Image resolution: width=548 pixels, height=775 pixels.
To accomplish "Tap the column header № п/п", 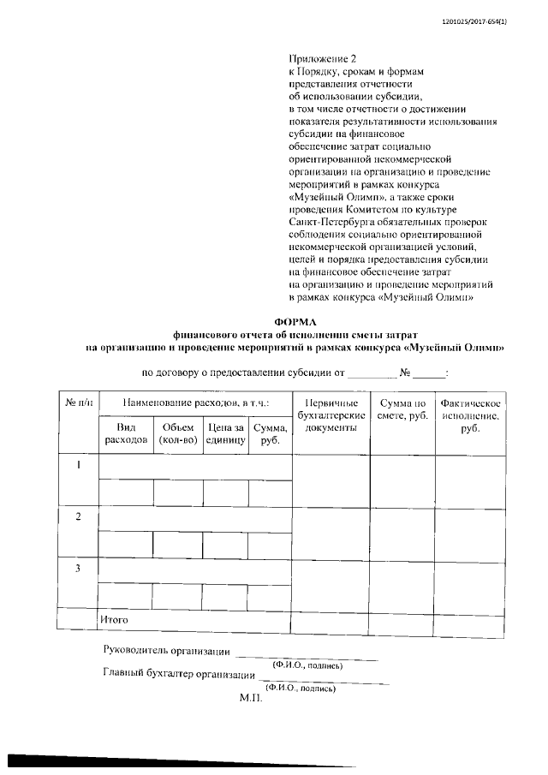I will [x=77, y=402].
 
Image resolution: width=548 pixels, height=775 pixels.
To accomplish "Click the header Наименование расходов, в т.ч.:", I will [x=195, y=402].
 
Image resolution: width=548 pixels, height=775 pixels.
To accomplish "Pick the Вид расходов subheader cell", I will [x=126, y=432].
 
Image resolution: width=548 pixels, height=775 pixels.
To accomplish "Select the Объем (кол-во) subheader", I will [x=178, y=432].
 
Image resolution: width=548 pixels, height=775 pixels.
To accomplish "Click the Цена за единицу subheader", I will [x=226, y=432].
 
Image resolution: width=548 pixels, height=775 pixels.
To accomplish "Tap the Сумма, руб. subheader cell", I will [x=270, y=432].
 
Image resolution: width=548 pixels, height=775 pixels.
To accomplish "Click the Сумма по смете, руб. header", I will [x=402, y=408].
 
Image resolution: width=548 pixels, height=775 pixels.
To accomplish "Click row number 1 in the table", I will [x=78, y=465].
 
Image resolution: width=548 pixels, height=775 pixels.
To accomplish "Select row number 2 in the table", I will [x=78, y=516].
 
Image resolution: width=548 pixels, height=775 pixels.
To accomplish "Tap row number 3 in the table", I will [x=78, y=568].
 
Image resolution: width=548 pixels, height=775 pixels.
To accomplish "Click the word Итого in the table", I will [x=114, y=617].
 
